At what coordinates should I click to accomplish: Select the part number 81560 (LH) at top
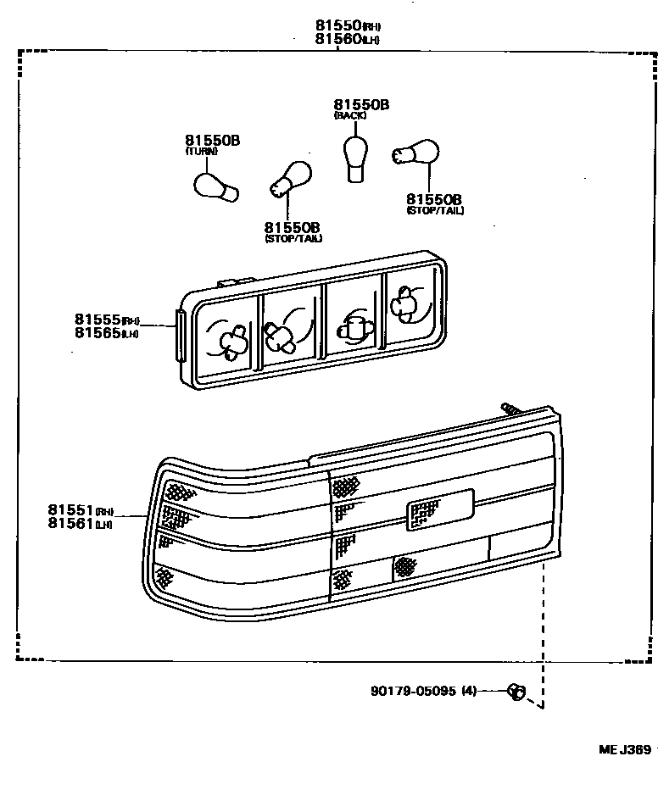tap(337, 39)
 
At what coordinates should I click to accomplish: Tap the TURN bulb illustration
tap(215, 186)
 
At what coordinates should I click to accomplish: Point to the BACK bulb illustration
tap(354, 157)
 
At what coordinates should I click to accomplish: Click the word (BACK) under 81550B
tap(350, 115)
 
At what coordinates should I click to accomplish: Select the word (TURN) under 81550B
tap(202, 151)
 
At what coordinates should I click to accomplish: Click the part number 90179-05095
tap(413, 691)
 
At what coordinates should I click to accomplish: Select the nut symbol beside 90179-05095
tap(516, 692)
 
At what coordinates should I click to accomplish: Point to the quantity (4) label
tap(468, 691)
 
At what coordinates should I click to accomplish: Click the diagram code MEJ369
tap(624, 749)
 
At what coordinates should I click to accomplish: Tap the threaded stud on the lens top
tap(511, 409)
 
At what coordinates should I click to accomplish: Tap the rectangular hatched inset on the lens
tap(424, 513)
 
